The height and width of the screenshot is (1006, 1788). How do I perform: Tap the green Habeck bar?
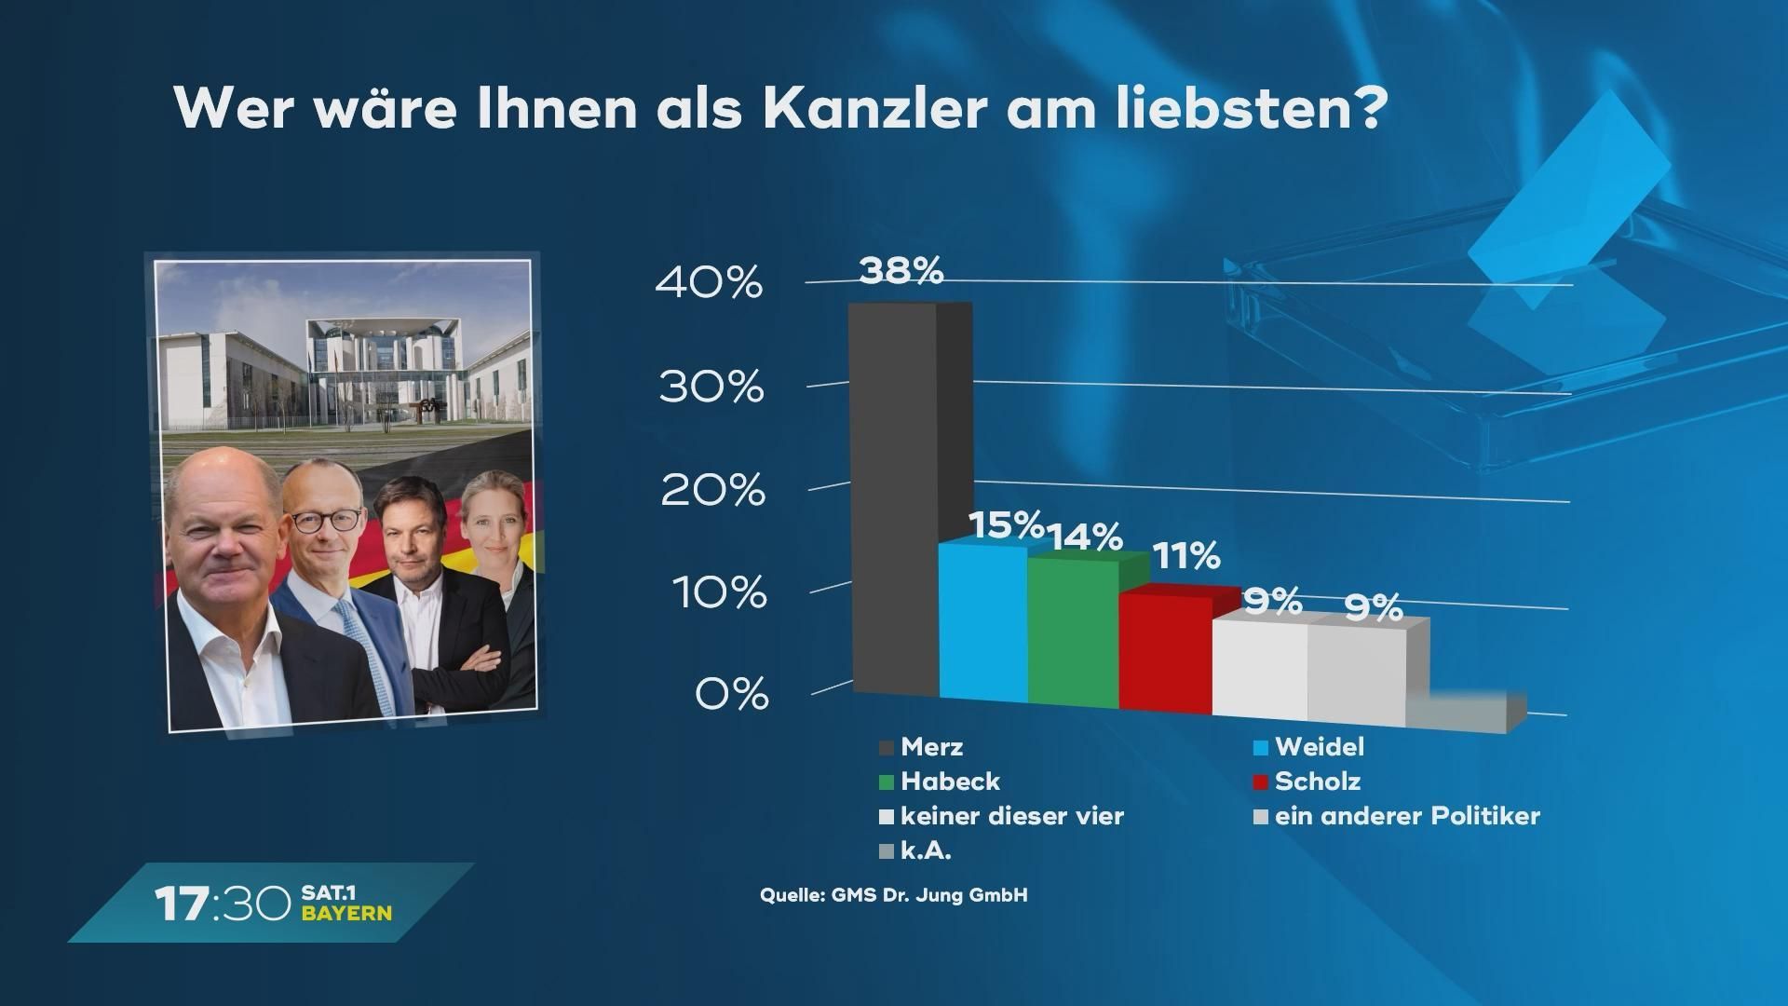1073,633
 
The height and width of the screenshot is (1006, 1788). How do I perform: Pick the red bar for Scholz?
1164,652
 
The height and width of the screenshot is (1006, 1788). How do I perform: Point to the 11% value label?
1185,557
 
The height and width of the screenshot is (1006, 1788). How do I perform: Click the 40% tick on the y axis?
710,283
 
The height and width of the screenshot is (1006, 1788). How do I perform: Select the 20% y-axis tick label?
712,490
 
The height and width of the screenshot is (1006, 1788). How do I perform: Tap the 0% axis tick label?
732,695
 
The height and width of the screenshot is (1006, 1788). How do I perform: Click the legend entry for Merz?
922,747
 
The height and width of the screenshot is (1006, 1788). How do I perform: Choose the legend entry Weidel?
1309,747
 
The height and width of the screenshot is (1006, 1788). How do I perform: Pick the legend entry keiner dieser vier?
1002,817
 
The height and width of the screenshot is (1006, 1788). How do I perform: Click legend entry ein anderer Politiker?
1397,817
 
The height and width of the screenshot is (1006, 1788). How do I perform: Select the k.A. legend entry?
915,850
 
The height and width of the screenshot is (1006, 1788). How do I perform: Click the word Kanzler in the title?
874,110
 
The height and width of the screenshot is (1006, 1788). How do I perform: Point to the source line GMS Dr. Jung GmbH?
893,896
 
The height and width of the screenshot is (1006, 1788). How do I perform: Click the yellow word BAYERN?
346,914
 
